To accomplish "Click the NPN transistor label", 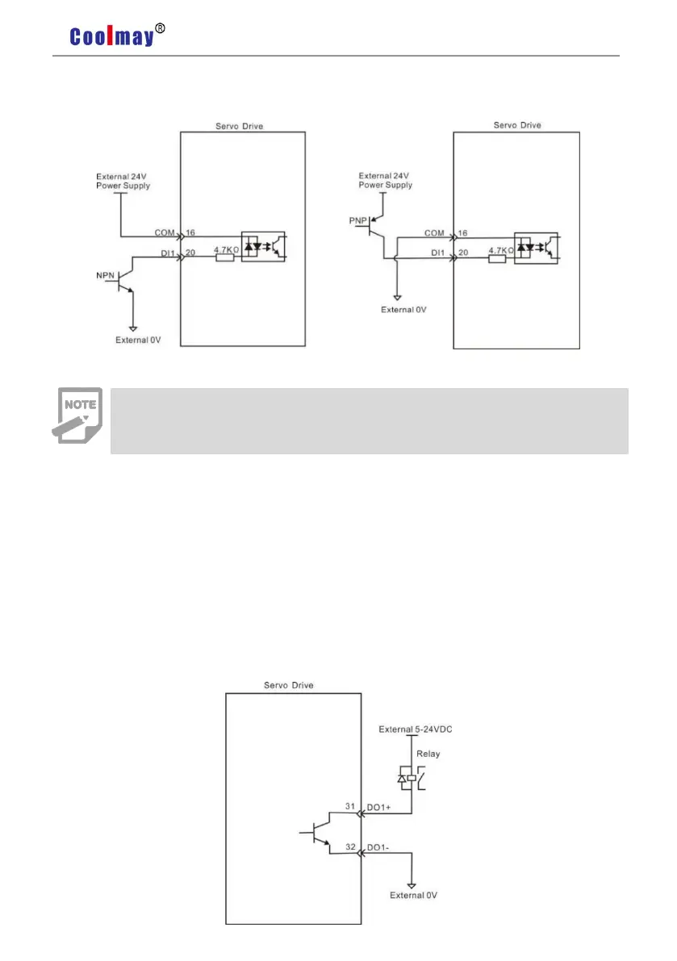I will pos(106,275).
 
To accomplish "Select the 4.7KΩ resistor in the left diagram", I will pos(225,259).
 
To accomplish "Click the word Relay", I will pos(428,755).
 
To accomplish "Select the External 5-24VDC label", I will pos(420,729).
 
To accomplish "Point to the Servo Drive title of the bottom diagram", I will pos(289,685).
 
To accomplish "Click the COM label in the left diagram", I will pos(165,232).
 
